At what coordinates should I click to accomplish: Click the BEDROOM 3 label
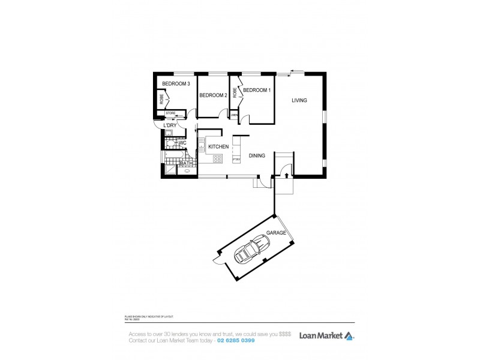click(176, 84)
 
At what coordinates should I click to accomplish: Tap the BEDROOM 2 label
click(212, 95)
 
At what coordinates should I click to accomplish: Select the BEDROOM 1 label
click(257, 90)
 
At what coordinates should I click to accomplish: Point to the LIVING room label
click(299, 100)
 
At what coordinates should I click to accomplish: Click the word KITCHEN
click(218, 146)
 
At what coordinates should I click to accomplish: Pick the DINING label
click(257, 156)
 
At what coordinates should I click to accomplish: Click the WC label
click(182, 143)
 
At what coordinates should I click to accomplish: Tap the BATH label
click(186, 163)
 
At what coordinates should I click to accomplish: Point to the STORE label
click(170, 113)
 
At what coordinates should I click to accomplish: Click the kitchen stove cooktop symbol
click(217, 159)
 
